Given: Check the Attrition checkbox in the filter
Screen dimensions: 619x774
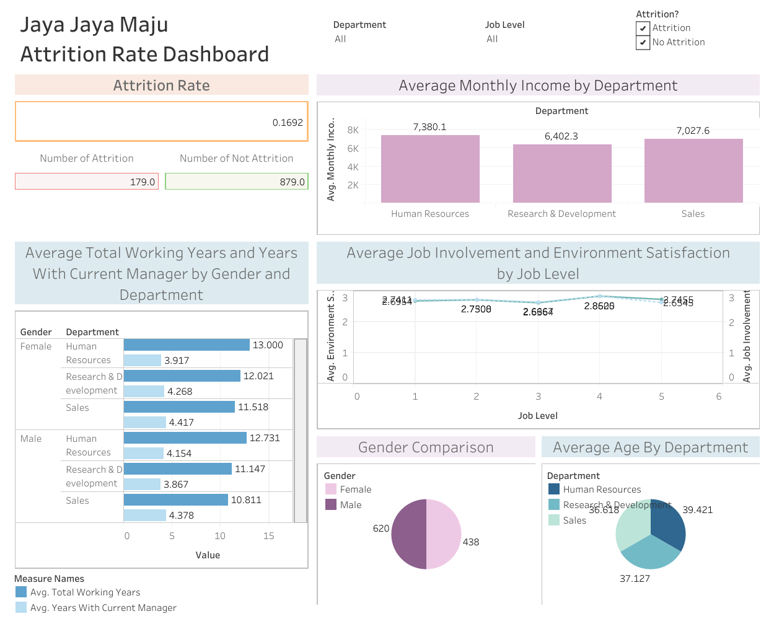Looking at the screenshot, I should tap(643, 28).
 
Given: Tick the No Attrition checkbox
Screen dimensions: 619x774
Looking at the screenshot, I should tap(643, 42).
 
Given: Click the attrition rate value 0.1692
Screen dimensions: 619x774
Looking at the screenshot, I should tap(288, 123).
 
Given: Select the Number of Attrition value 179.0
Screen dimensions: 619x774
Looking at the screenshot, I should tap(143, 182).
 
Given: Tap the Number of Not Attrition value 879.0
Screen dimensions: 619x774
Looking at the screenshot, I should tap(292, 182).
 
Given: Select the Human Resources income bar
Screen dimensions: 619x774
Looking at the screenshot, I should tap(430, 169).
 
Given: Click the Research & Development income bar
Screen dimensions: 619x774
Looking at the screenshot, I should tap(562, 173).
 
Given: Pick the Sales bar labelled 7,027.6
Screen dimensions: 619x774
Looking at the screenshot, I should tap(693, 170).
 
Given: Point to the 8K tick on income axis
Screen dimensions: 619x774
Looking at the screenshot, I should tap(353, 130).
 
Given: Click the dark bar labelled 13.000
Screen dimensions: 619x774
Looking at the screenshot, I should tap(187, 345).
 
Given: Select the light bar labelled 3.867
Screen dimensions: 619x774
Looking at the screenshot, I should tap(142, 484).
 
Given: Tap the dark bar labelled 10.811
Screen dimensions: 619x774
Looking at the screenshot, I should tap(176, 499).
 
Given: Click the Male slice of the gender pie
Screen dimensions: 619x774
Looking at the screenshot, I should tap(408, 533).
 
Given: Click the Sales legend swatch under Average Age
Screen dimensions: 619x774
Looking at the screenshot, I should tap(554, 520).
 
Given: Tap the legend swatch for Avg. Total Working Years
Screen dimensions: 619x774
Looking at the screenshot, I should tap(21, 592).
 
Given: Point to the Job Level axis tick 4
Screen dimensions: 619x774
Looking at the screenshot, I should tap(599, 397).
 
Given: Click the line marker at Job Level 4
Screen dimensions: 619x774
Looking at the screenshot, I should tap(599, 296).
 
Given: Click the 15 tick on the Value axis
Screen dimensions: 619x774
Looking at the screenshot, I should tap(268, 536).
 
